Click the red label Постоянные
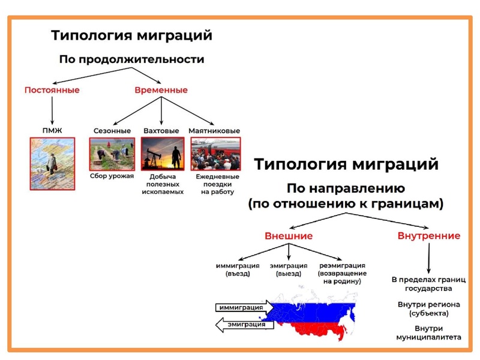[x=52, y=90]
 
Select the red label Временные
[x=160, y=90]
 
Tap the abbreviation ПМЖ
[x=52, y=130]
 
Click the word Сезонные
[x=112, y=130]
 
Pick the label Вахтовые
[x=161, y=130]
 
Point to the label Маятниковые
[x=214, y=130]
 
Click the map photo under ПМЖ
[x=52, y=163]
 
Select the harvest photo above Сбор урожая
[x=112, y=154]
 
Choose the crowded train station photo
[x=215, y=154]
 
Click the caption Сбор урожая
[x=112, y=176]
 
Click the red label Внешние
[x=289, y=236]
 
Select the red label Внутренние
[x=429, y=236]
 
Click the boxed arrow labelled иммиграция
[x=240, y=308]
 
